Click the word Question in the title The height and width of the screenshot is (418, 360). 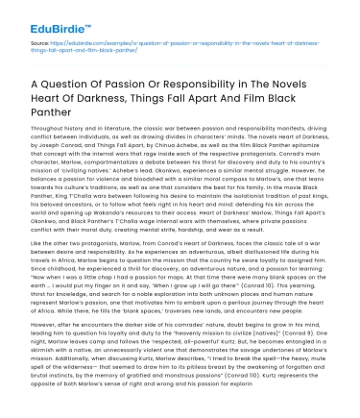(81, 86)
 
